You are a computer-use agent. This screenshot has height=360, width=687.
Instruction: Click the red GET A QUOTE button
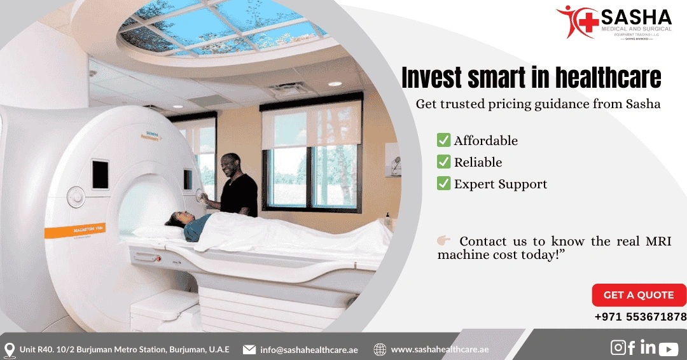point(639,295)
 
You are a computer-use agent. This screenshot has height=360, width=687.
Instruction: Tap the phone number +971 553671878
point(641,317)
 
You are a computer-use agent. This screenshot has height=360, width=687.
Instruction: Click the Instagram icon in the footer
point(618,347)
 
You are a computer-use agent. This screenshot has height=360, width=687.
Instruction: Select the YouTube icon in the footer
point(669,349)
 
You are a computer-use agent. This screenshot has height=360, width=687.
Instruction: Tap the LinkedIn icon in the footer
point(648,347)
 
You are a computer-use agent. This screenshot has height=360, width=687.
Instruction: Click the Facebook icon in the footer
point(632,347)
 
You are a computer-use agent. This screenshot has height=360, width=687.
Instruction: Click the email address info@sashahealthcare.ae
point(309,350)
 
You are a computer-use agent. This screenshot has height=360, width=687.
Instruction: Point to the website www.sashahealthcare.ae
point(440,350)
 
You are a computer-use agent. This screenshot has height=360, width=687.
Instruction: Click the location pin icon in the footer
point(10,350)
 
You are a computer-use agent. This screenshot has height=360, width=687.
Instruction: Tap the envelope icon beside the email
point(249,350)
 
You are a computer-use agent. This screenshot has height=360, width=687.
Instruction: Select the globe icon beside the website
point(380,350)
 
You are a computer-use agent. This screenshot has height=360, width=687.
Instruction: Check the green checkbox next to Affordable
point(443,141)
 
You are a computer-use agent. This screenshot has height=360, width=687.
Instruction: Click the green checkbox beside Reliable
point(443,162)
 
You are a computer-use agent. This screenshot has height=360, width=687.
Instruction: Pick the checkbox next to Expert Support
point(443,184)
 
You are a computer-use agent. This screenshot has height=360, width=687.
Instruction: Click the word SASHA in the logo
point(636,17)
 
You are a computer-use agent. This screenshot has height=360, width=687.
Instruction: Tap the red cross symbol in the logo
point(589,19)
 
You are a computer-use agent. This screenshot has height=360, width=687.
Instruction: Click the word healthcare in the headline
point(608,78)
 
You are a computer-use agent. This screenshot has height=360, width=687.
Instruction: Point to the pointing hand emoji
point(444,240)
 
